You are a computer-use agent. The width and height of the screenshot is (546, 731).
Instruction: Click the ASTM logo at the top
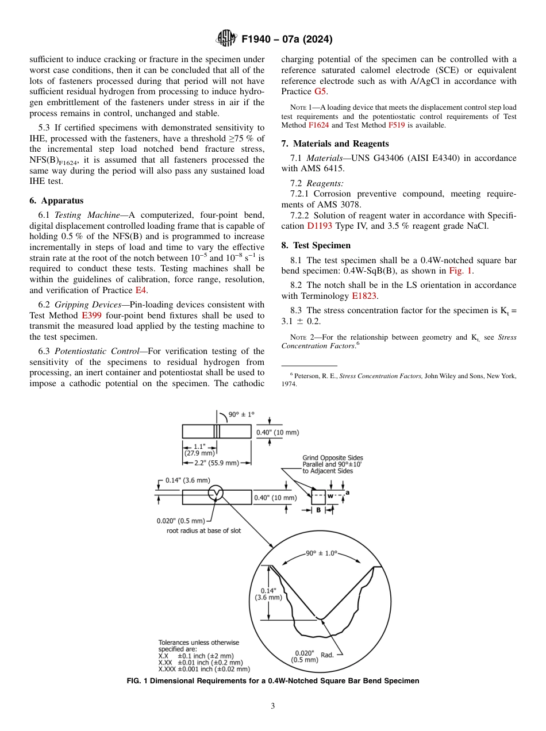click(225, 39)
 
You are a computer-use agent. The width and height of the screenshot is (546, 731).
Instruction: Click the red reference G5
click(320, 91)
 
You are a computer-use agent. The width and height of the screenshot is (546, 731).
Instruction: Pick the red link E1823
click(364, 296)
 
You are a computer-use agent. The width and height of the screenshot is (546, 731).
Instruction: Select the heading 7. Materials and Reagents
click(334, 144)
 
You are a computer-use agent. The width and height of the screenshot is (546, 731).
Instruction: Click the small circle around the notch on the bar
click(216, 493)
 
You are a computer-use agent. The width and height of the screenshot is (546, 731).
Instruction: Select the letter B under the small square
click(318, 509)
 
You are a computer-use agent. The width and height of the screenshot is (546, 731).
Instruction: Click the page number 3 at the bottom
click(273, 706)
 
